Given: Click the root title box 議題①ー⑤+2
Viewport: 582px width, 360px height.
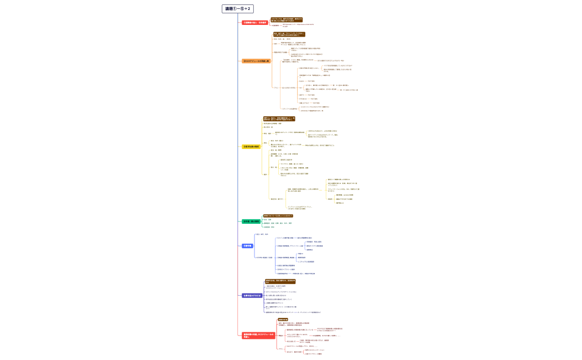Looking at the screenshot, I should [237, 9].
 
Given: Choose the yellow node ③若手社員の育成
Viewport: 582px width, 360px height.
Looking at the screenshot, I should [251, 147].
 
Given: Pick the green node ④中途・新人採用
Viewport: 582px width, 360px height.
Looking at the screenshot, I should [251, 222].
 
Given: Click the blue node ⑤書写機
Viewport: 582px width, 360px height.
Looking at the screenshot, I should [247, 245].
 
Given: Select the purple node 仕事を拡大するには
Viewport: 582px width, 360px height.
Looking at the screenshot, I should [252, 295].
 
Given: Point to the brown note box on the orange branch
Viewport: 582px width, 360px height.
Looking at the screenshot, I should [285, 34].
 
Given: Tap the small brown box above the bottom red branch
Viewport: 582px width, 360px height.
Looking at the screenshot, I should [283, 320].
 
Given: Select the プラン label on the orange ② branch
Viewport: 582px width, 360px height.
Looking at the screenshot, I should [275, 88].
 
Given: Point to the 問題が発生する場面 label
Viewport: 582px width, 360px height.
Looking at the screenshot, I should [280, 52].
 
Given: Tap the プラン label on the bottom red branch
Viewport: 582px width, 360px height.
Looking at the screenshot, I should [280, 349].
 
